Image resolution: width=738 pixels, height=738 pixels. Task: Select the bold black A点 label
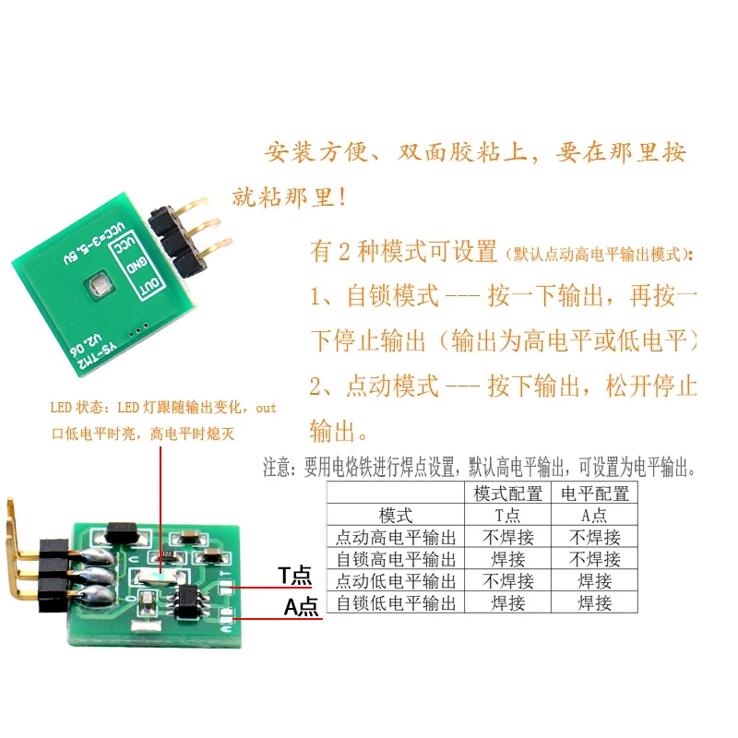301,607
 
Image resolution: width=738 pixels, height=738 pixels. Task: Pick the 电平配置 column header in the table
595,494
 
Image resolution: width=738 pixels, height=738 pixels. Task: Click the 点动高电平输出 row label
396,537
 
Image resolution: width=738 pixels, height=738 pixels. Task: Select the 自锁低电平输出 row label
396,603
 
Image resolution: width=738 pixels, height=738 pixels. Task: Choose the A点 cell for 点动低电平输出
595,581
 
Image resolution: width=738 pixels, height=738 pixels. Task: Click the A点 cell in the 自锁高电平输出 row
595,559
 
